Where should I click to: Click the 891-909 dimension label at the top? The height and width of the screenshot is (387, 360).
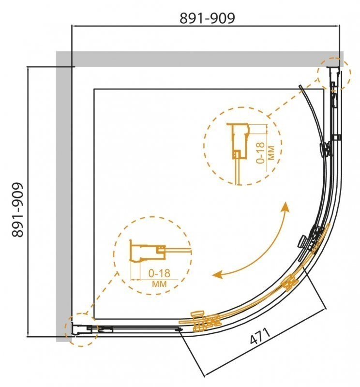click(x=207, y=18)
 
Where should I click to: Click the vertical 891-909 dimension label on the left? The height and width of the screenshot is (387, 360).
click(x=18, y=210)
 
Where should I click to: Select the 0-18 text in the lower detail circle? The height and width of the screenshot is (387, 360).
click(x=159, y=273)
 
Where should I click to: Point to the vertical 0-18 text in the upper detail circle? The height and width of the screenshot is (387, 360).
click(x=260, y=153)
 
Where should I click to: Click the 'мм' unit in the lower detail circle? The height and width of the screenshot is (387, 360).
click(x=159, y=284)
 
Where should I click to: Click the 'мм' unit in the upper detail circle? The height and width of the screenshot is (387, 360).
click(x=271, y=153)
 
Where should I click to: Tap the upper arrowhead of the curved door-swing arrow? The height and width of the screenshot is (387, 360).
click(x=286, y=207)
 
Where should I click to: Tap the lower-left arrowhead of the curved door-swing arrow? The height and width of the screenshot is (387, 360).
click(x=218, y=274)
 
